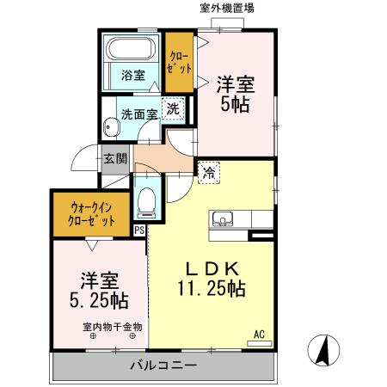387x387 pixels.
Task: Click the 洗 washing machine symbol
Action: (173, 108)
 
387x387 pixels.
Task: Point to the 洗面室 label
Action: (137, 112)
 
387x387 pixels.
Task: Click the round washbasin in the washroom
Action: (111, 129)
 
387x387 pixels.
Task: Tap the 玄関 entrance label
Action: (116, 158)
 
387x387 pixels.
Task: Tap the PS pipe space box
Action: (140, 230)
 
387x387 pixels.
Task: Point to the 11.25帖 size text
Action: (212, 289)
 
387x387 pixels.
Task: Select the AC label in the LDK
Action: (258, 333)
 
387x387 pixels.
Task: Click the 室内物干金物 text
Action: (113, 326)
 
